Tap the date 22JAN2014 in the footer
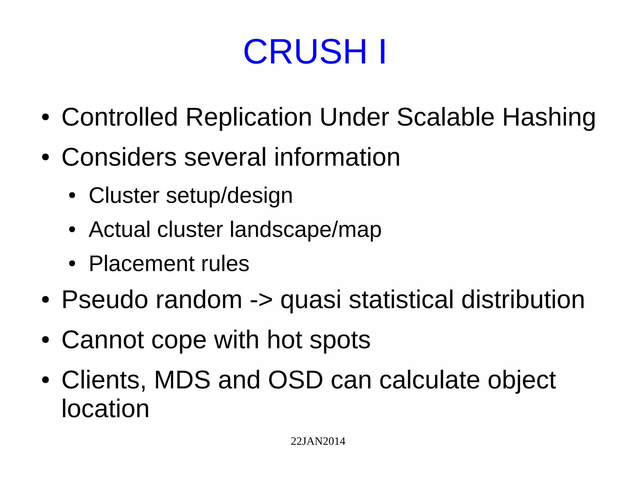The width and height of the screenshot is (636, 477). point(318,441)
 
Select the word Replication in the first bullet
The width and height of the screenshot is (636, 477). point(248,117)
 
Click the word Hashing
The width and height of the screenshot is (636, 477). point(549,117)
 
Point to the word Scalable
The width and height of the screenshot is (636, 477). point(445,117)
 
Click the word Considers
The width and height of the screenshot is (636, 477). point(119,157)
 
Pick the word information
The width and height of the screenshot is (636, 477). point(337,157)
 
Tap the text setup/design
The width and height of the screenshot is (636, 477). point(229,195)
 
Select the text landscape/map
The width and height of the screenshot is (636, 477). point(305,230)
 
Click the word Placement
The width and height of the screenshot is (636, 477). point(141,264)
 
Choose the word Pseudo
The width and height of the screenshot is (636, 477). point(105,300)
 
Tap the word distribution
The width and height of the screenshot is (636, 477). point(523,300)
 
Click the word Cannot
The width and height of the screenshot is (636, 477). point(102,340)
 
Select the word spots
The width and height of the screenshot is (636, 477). point(340,340)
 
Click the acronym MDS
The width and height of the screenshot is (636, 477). point(182,380)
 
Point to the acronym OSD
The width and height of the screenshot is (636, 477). point(295,380)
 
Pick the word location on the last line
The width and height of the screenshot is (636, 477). point(105,408)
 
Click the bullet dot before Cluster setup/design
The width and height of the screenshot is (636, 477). point(72,196)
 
